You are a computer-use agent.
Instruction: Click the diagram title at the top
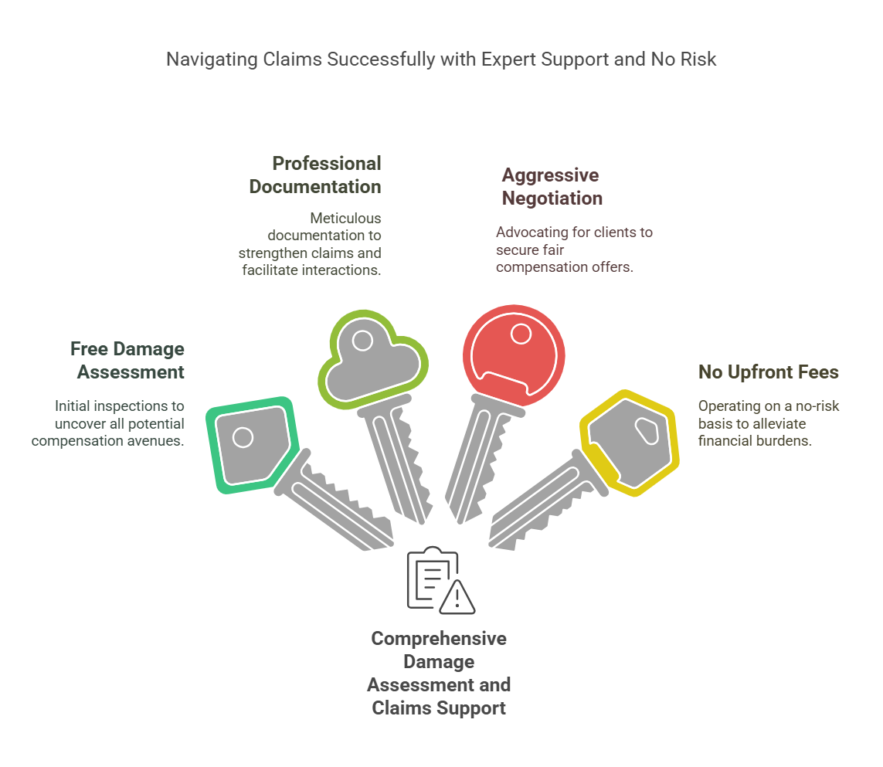pyautogui.click(x=441, y=59)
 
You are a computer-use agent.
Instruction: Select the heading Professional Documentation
pyautogui.click(x=326, y=175)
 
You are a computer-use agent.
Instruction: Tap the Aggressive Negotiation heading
pyautogui.click(x=552, y=186)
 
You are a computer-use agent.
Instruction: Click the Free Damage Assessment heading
pyautogui.click(x=127, y=361)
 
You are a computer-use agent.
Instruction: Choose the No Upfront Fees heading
pyautogui.click(x=768, y=372)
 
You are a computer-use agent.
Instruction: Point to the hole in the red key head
pyautogui.click(x=521, y=334)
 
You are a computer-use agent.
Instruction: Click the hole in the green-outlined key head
pyautogui.click(x=243, y=438)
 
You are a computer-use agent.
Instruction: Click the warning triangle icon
pyautogui.click(x=457, y=596)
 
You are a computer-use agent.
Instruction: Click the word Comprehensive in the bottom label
pyautogui.click(x=439, y=639)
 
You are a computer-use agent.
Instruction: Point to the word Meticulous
pyautogui.click(x=346, y=219)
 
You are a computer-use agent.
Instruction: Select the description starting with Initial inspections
pyautogui.click(x=108, y=423)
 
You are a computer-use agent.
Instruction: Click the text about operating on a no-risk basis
pyautogui.click(x=769, y=423)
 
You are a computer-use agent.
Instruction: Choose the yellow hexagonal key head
pyautogui.click(x=630, y=444)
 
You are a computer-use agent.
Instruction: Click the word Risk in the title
pyautogui.click(x=698, y=59)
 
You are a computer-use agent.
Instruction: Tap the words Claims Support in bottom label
pyautogui.click(x=439, y=708)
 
